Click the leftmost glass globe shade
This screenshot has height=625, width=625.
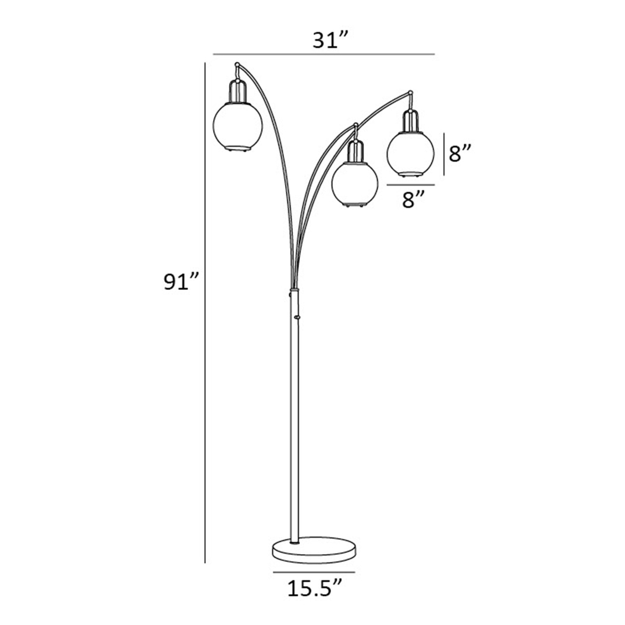pos(237,126)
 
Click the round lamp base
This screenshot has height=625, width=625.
pos(313,548)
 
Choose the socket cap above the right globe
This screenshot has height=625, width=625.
pos(410,121)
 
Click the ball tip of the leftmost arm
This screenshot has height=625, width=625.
pos(237,64)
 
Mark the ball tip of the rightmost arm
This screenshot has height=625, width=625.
pos(411,92)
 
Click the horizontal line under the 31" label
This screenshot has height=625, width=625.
pos(324,54)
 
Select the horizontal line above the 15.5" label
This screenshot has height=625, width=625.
pos(314,572)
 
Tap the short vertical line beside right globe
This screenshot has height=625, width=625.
pos(443,154)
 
